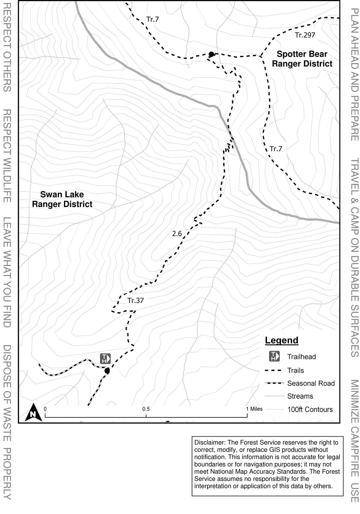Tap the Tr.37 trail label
pyautogui.click(x=135, y=300)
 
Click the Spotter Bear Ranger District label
pyautogui.click(x=302, y=59)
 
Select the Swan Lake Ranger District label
pyautogui.click(x=62, y=199)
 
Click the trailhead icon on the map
pyautogui.click(x=105, y=350)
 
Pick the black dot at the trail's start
pyautogui.click(x=107, y=371)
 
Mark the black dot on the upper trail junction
pyautogui.click(x=211, y=54)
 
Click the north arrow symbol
pyautogui.click(x=34, y=412)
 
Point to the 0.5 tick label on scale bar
pyautogui.click(x=146, y=409)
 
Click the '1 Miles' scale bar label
pyautogui.click(x=254, y=409)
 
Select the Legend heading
pyautogui.click(x=281, y=340)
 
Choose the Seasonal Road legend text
pyautogui.click(x=311, y=383)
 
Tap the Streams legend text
pyautogui.click(x=300, y=396)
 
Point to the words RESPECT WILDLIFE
pyautogui.click(x=7, y=156)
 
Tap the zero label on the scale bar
pyautogui.click(x=45, y=409)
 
